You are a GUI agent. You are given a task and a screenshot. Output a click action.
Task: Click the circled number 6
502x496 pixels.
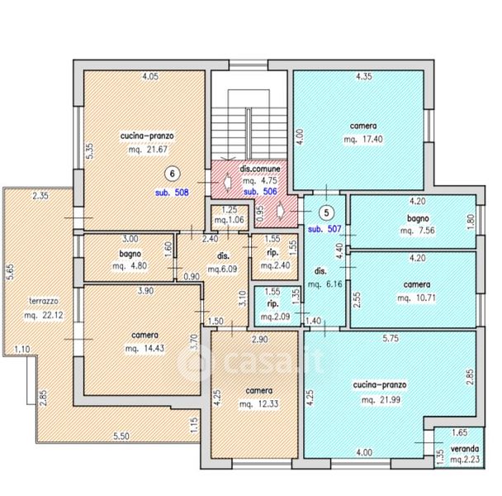[173, 174]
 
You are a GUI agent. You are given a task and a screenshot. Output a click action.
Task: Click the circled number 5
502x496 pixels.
[326, 213]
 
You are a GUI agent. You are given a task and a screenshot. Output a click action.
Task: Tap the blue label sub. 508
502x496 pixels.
[172, 193]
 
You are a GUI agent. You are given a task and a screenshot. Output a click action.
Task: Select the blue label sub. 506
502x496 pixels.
[260, 192]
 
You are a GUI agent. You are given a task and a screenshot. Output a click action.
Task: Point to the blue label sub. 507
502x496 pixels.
[324, 229]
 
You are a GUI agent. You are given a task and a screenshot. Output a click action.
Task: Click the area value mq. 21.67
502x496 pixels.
[149, 150]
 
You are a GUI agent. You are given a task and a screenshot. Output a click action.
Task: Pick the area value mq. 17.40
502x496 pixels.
[363, 140]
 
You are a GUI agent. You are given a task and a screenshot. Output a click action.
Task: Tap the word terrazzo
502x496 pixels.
[44, 301]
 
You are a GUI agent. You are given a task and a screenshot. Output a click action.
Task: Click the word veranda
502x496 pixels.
[465, 449]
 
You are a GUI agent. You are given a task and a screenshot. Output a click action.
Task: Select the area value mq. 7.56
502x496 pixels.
[418, 231]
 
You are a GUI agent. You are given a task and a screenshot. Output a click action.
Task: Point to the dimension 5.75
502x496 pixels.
[391, 338]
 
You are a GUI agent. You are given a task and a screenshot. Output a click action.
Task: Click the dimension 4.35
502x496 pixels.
[364, 77]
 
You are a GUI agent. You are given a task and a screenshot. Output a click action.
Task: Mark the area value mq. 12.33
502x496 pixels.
[259, 404]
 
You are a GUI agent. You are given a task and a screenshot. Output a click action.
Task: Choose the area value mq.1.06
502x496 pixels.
[230, 220]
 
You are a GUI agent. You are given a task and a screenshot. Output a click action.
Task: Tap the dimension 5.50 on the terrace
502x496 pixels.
[121, 436]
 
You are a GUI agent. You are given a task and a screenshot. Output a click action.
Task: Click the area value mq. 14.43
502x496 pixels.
[144, 349]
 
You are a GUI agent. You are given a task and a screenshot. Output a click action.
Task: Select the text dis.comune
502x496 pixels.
[260, 169]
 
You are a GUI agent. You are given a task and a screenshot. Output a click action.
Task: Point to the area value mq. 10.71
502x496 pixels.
[416, 298]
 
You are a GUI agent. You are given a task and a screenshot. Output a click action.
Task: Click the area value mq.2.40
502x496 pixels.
[275, 265]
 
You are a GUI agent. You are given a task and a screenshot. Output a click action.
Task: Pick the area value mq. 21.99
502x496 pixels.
[381, 400]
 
